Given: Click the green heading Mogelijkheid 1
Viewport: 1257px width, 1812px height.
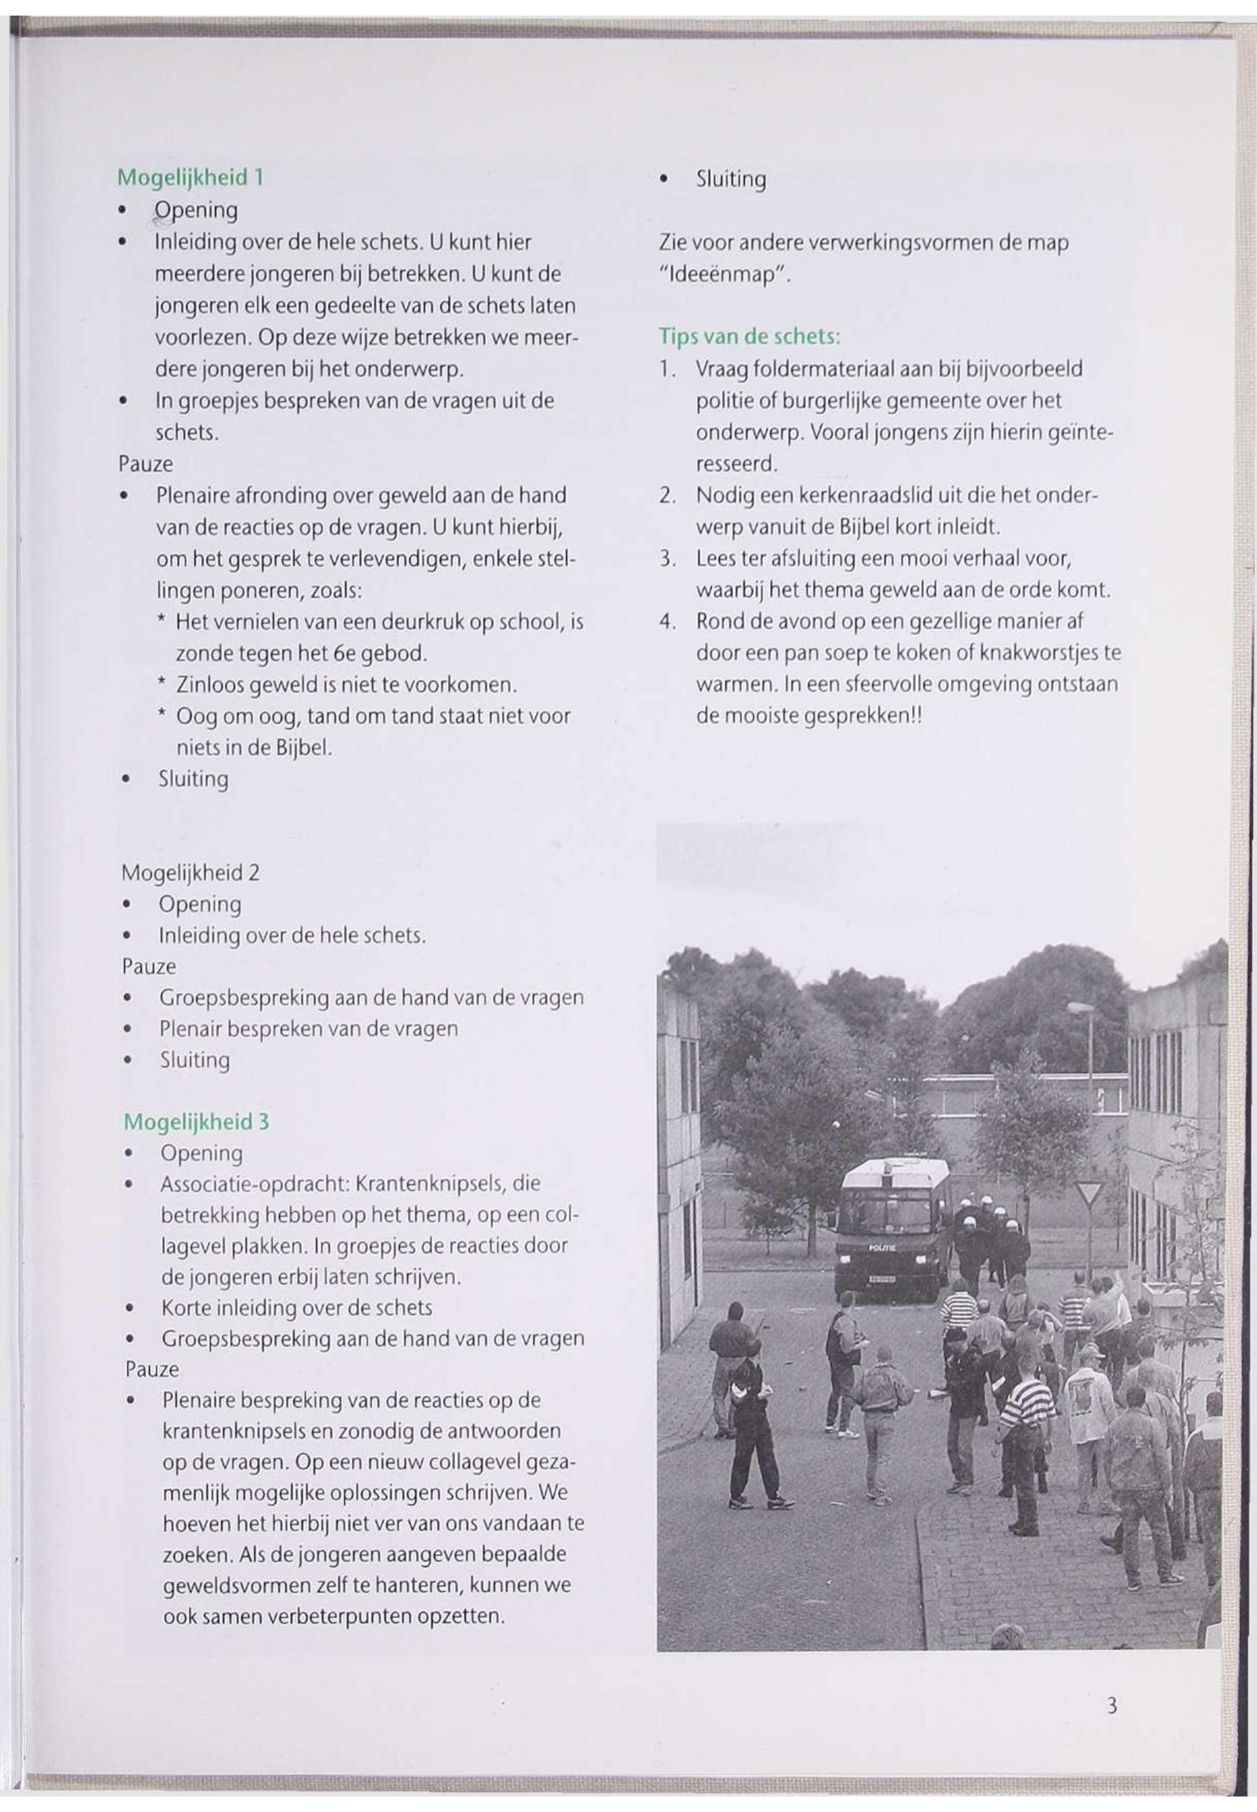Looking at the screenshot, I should pyautogui.click(x=190, y=178).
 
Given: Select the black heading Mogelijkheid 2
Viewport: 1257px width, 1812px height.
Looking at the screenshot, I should pyautogui.click(x=191, y=873).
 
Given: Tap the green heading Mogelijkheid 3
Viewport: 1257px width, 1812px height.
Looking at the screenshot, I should pyautogui.click(x=196, y=1121).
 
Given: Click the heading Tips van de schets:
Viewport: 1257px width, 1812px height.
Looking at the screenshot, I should pyautogui.click(x=749, y=337).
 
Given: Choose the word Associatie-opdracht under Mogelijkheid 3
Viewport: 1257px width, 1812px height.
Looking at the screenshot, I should pyautogui.click(x=255, y=1183).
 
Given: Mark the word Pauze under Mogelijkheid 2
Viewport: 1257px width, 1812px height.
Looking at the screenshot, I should pyautogui.click(x=149, y=966).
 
